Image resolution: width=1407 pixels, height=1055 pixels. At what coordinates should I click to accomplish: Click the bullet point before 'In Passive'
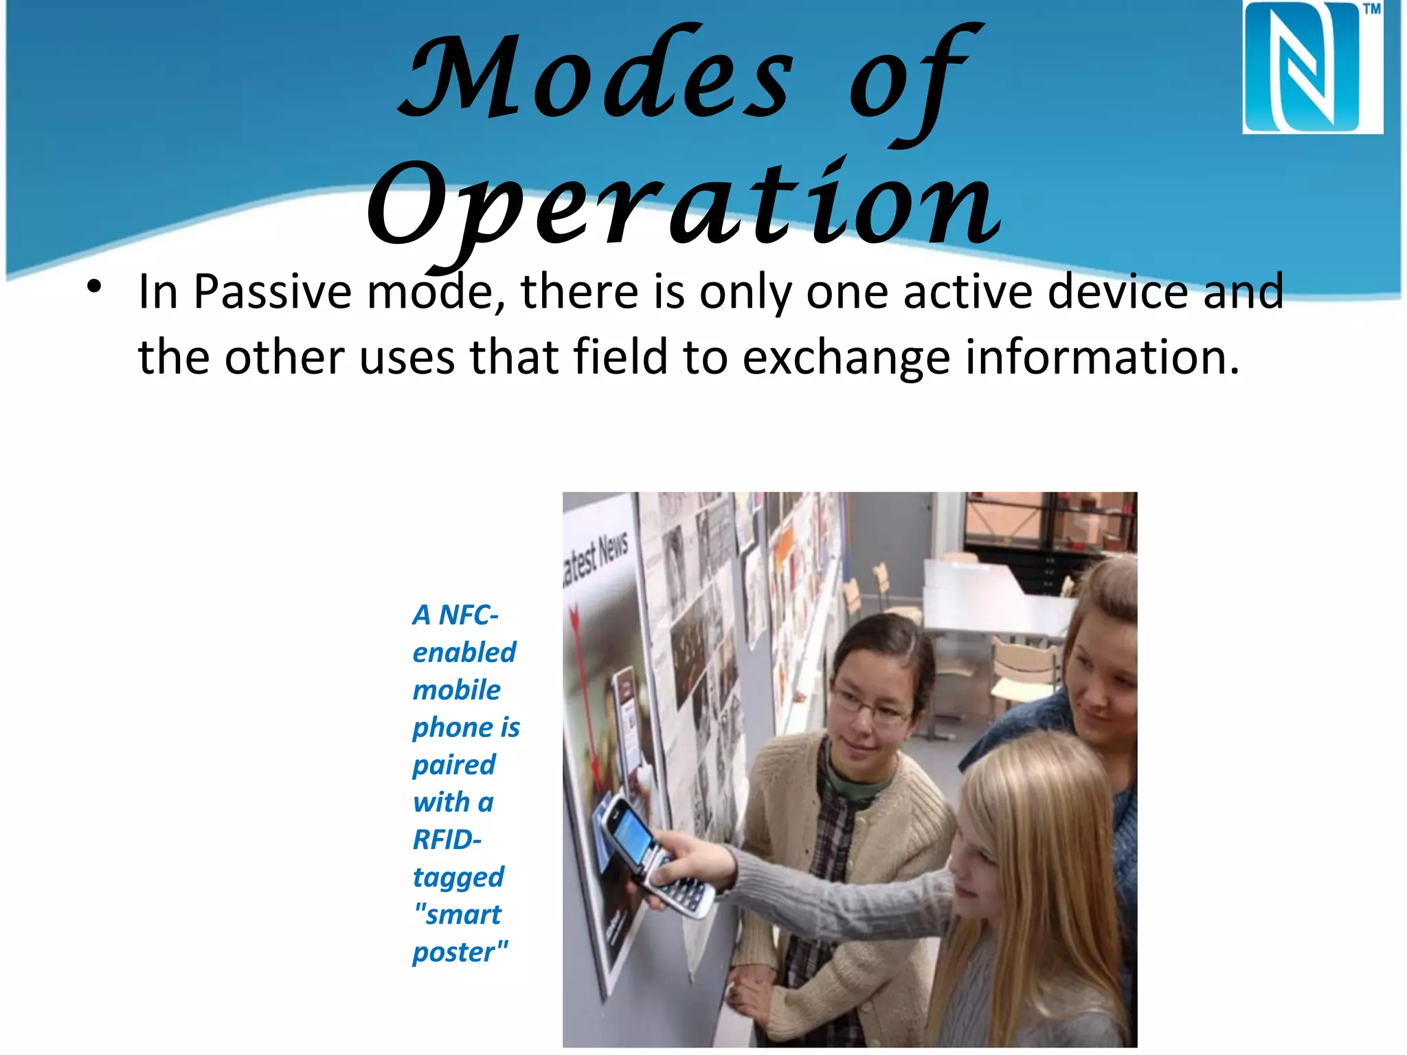94,287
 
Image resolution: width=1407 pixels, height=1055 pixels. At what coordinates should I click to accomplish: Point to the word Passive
273,292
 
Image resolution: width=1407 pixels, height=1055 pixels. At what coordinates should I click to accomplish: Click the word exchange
846,357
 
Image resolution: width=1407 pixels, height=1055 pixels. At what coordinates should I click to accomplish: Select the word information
1102,357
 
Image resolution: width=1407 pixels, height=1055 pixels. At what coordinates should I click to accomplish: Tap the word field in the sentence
620,357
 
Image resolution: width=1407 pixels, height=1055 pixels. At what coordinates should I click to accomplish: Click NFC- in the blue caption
469,615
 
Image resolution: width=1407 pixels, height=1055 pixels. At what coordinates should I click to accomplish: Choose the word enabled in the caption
464,653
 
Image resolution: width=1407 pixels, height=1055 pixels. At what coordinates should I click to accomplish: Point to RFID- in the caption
447,840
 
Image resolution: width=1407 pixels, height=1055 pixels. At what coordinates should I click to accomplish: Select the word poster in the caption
454,953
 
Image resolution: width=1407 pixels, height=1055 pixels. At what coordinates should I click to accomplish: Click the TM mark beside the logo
1371,10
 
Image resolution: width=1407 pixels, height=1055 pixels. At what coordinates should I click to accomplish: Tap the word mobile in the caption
457,690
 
